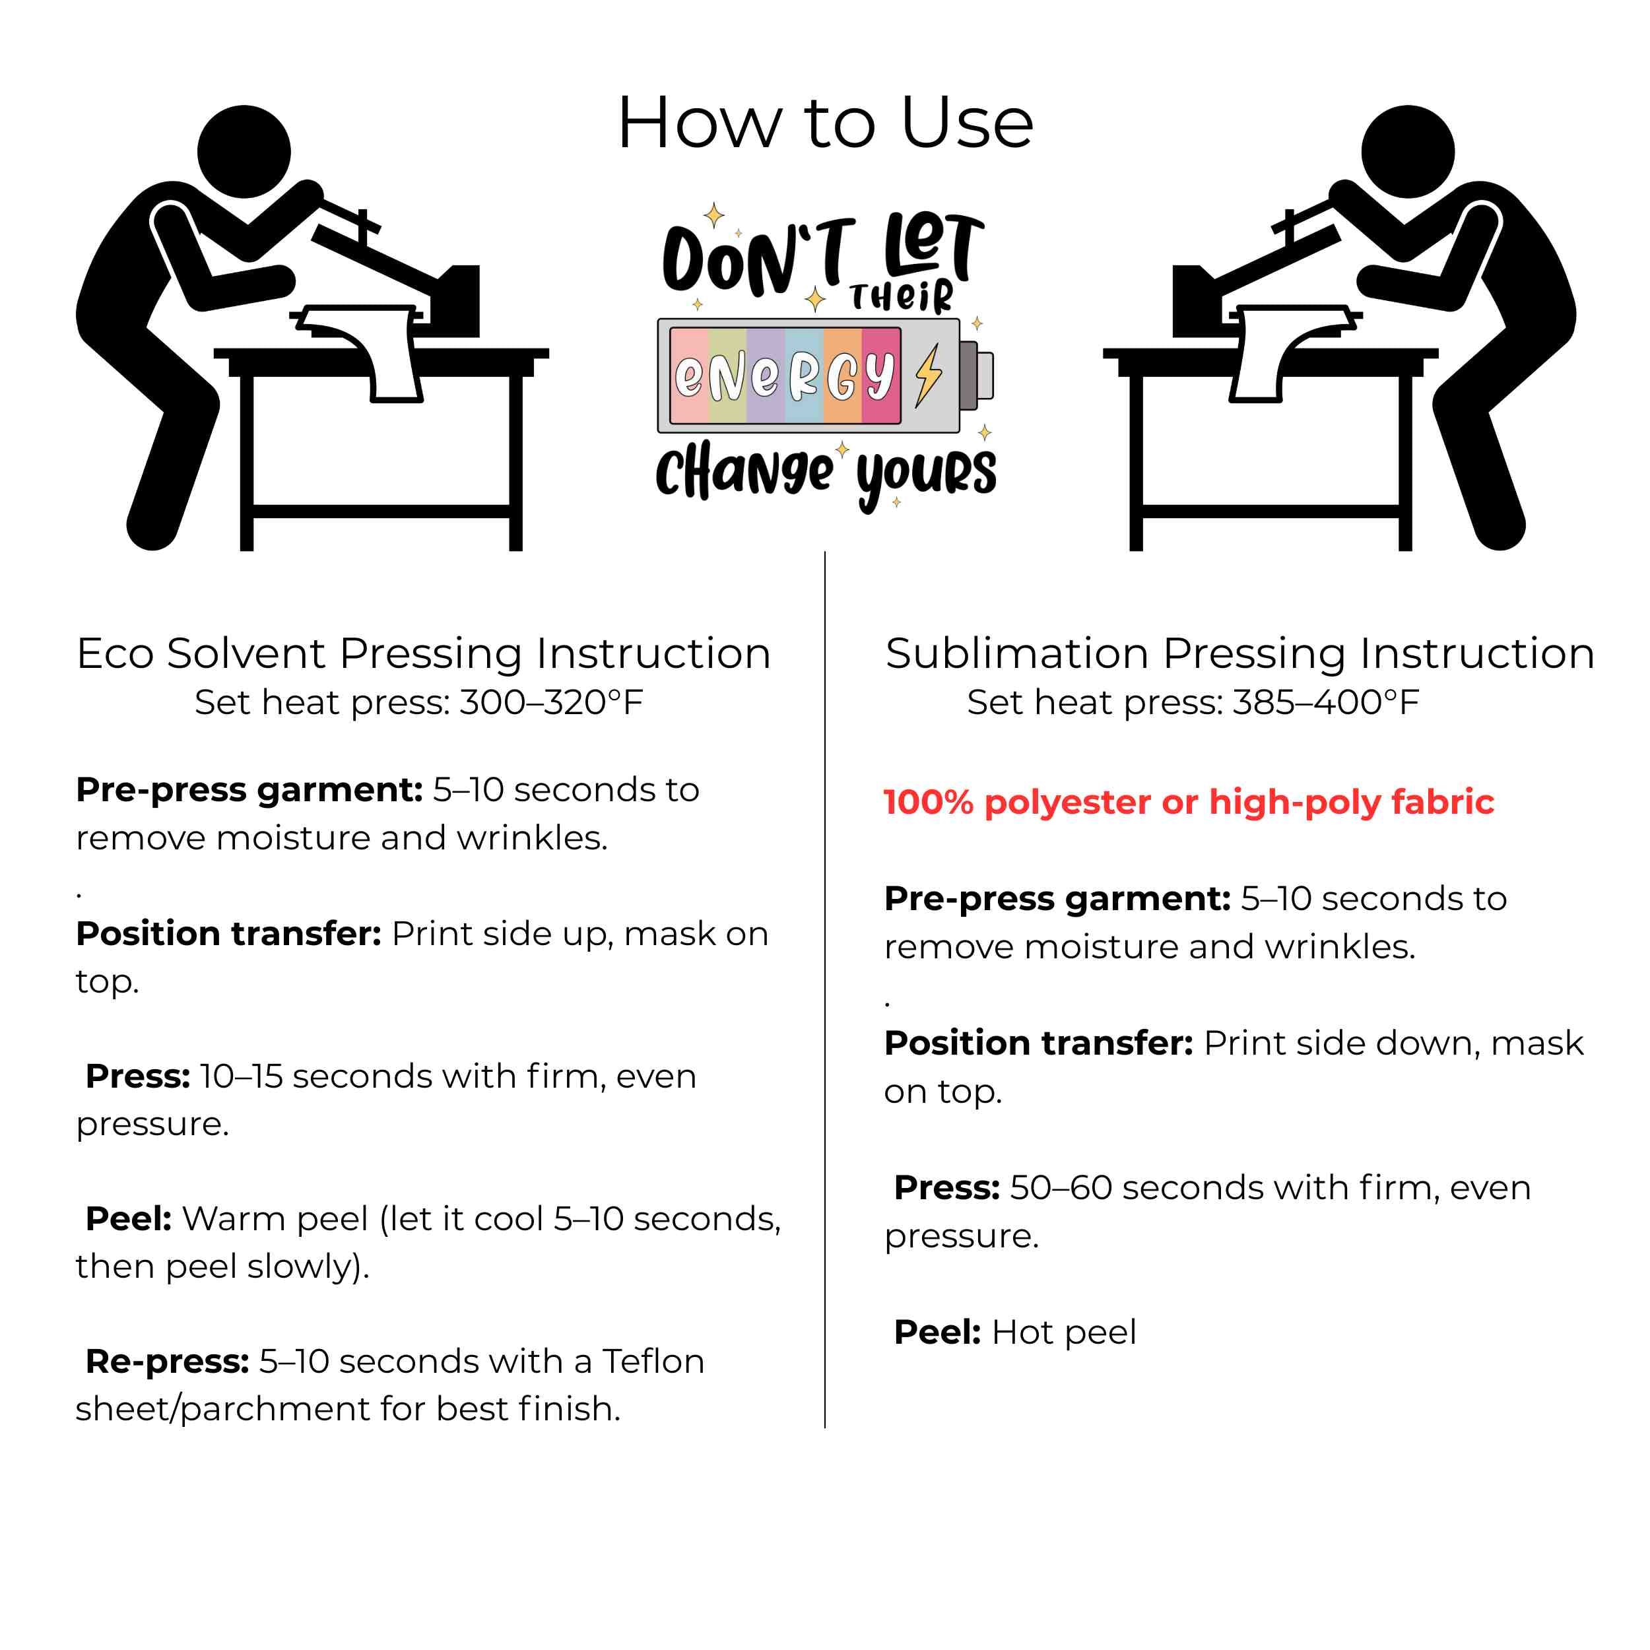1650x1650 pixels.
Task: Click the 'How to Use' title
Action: click(825, 123)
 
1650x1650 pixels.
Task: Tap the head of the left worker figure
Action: click(244, 152)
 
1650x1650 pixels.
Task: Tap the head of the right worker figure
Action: click(1408, 152)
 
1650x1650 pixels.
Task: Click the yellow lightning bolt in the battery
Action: click(929, 374)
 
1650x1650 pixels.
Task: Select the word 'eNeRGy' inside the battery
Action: click(784, 375)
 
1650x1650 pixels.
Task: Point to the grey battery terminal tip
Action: click(976, 374)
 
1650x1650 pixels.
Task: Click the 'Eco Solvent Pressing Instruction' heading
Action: click(424, 654)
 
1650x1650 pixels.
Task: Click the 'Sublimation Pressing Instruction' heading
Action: click(1240, 654)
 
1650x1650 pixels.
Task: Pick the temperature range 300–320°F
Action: click(551, 703)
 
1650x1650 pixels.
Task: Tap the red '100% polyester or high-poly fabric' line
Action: click(1189, 803)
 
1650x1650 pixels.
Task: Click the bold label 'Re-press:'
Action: click(168, 1362)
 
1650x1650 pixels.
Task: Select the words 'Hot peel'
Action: click(1064, 1333)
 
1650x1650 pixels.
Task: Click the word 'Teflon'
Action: click(653, 1362)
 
